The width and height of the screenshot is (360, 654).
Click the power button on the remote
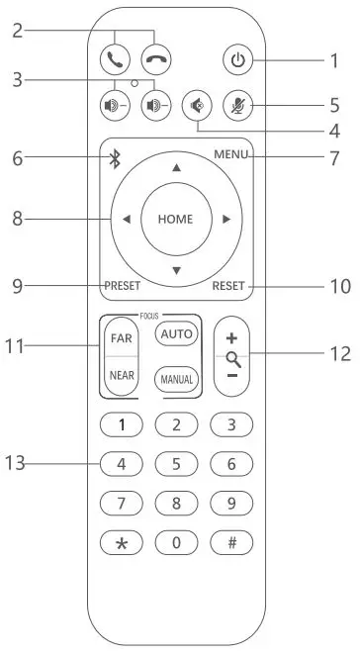(236, 60)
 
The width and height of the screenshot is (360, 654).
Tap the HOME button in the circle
(175, 219)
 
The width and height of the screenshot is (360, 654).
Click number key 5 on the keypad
(176, 462)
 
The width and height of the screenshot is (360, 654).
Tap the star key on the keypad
(122, 543)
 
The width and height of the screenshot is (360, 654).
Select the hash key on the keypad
(231, 543)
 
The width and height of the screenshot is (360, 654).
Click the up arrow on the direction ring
(176, 168)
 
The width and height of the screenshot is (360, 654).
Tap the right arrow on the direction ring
(226, 219)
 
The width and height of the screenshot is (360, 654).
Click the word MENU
(230, 155)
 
